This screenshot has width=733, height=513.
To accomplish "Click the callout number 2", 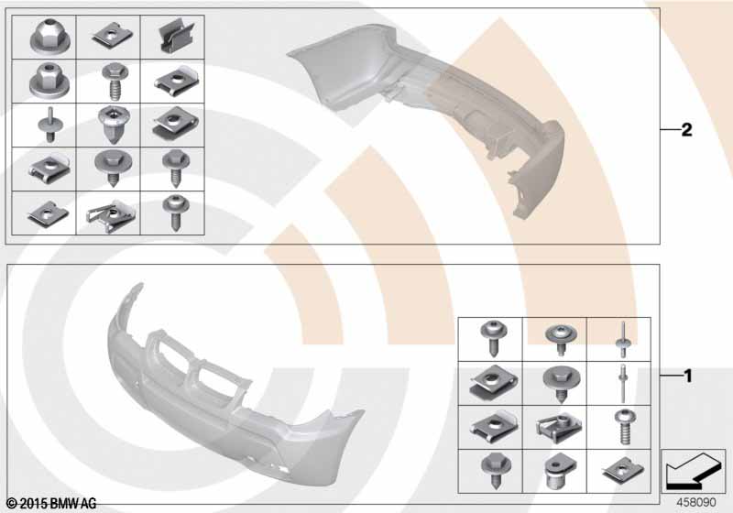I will (x=685, y=130).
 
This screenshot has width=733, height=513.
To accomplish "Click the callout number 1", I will (x=685, y=376).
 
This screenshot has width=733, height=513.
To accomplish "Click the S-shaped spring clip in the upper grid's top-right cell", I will (x=172, y=36).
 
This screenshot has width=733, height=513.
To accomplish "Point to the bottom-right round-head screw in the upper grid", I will (x=172, y=211).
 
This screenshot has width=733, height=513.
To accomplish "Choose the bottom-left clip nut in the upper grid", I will (x=43, y=212).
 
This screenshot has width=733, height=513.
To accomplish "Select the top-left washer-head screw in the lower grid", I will (x=489, y=337).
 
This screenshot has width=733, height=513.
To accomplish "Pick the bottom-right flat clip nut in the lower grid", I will (x=619, y=469).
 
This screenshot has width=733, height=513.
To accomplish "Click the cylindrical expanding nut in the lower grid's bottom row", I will (x=554, y=469).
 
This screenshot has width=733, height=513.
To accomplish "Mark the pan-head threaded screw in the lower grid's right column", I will (x=619, y=425).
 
